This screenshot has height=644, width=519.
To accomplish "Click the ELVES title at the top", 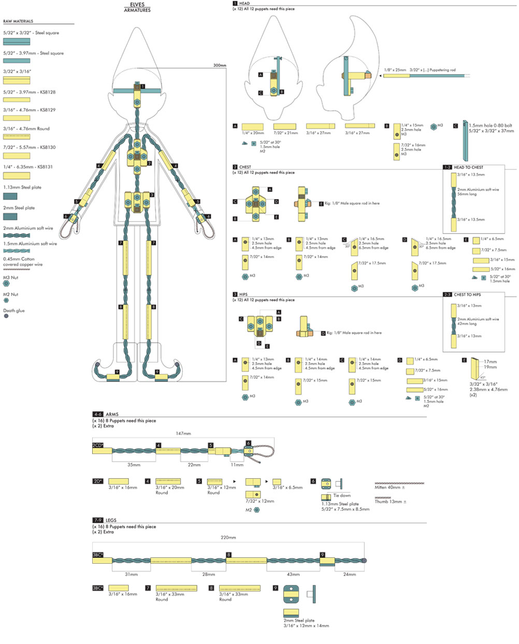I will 137,5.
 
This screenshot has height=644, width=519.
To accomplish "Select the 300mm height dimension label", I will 220,65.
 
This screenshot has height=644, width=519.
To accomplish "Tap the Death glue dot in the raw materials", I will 6,316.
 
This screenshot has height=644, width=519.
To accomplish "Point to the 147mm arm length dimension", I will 183,433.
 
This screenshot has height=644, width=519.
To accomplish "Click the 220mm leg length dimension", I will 228,538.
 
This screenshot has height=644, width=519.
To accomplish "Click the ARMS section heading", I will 112,414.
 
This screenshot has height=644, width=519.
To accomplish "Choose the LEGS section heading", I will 111,520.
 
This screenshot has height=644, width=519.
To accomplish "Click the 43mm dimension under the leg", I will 293,574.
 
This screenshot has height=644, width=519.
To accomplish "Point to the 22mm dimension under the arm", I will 194,465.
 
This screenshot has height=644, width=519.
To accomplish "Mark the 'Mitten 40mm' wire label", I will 387,488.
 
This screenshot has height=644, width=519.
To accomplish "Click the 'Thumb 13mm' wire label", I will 387,502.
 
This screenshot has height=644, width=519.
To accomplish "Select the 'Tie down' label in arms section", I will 342,496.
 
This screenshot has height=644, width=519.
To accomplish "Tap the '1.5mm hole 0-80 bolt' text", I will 491,125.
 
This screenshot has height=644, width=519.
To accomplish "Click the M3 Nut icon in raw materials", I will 6,283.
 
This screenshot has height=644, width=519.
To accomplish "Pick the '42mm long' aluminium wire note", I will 467,324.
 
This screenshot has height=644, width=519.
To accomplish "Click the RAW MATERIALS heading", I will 18,21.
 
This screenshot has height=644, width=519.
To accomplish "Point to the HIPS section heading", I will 243,294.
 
